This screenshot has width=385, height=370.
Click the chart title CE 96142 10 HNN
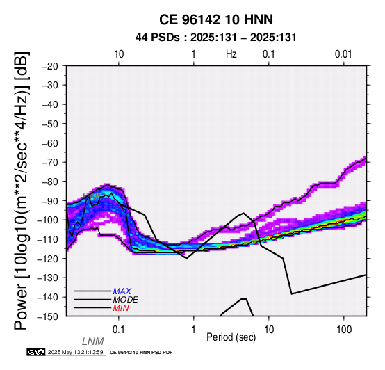point(216,19)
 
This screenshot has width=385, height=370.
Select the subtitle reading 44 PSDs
point(157,38)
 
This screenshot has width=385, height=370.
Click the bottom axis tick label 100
point(344,330)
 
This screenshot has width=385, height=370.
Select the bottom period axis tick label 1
point(193,330)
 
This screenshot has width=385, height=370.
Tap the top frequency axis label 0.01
point(343,54)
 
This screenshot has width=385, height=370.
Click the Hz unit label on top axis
point(231,54)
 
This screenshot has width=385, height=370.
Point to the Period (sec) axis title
point(231,337)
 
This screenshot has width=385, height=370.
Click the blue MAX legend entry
point(122,291)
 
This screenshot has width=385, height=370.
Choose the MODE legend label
point(126,300)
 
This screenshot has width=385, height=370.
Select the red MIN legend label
point(121,308)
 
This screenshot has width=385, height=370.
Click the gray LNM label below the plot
point(93,341)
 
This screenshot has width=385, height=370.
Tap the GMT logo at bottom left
point(36,352)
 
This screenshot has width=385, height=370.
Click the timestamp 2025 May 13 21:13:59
point(75,352)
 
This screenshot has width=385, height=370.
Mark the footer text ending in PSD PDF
point(141,353)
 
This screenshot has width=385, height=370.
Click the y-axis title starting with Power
point(22,191)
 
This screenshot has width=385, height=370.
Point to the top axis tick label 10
point(119,54)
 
